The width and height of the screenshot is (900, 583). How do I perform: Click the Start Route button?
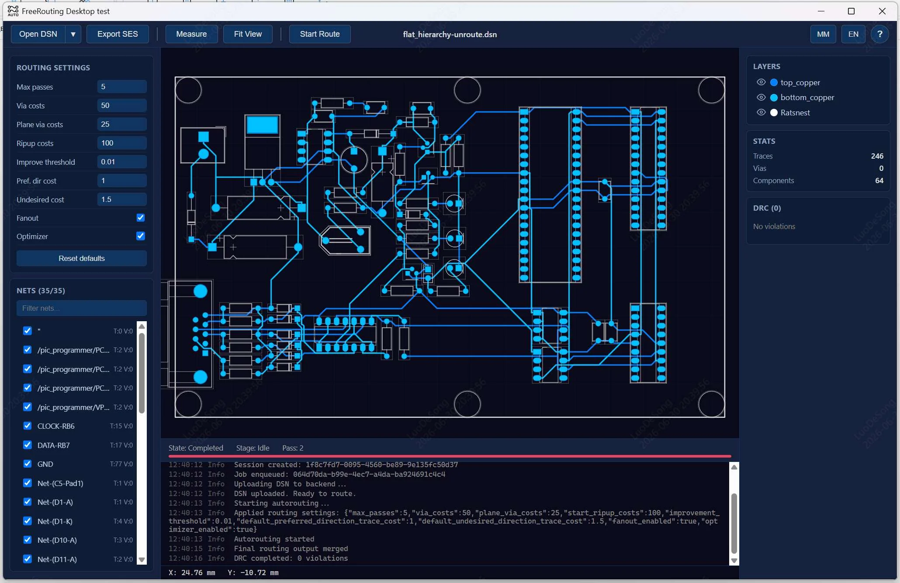[319, 34]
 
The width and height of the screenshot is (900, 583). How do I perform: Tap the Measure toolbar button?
[191, 34]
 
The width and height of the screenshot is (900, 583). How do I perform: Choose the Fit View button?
[248, 34]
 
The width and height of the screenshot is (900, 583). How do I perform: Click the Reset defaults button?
[82, 258]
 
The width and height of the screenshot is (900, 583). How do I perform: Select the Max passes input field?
[122, 87]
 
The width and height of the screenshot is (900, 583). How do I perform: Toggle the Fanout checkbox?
[141, 218]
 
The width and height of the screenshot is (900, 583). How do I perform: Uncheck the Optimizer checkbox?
[141, 236]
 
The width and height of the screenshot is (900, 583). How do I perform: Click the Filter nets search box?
[82, 308]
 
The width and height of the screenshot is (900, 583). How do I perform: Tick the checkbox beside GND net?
[28, 464]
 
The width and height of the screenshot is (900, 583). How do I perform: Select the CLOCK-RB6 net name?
[56, 426]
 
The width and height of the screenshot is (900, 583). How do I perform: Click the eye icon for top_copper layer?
[761, 82]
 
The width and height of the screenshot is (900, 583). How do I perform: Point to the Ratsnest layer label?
[795, 113]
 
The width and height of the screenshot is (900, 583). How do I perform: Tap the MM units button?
[823, 34]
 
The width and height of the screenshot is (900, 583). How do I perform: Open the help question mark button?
[880, 34]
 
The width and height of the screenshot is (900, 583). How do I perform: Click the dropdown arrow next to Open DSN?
[73, 34]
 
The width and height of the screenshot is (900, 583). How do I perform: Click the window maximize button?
[851, 11]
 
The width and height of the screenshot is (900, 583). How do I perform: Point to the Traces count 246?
[877, 156]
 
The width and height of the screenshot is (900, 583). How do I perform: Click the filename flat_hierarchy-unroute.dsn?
[450, 35]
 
